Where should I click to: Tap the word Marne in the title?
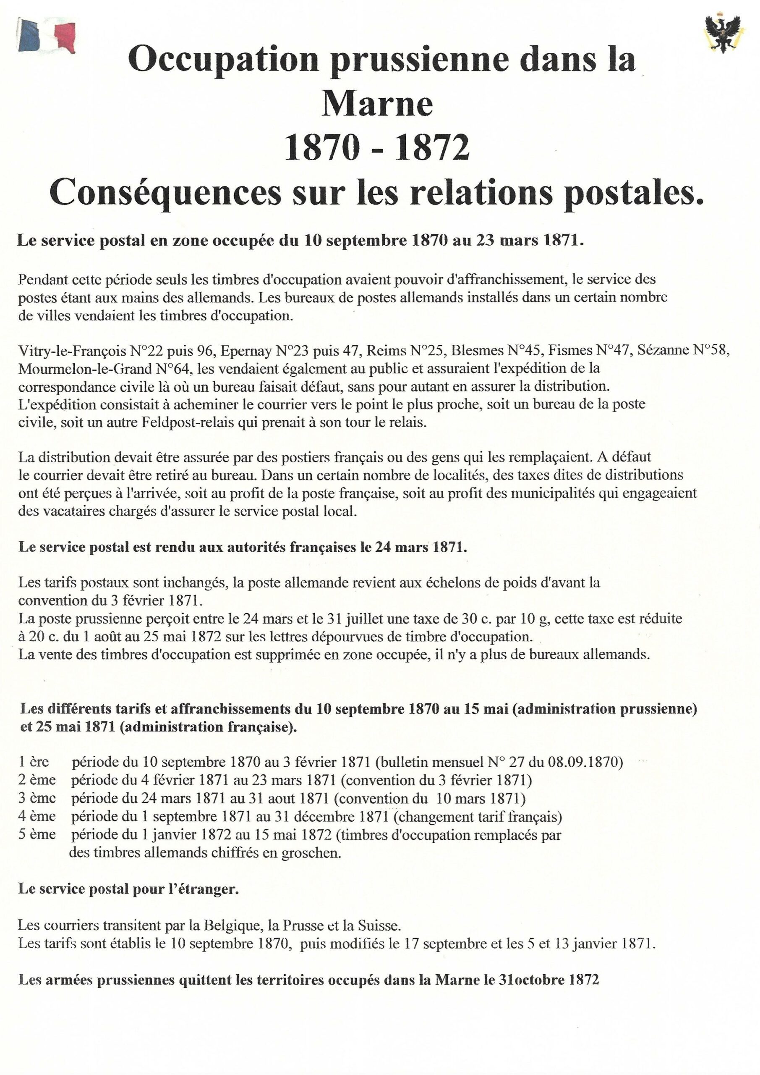377,105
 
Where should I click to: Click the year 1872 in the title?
431,148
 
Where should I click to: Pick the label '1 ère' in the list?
34,762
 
